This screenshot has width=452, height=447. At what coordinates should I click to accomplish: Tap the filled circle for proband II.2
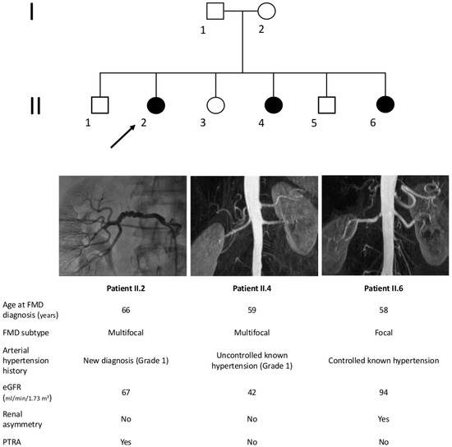(x=155, y=105)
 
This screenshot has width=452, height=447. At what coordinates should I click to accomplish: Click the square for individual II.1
(x=100, y=105)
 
